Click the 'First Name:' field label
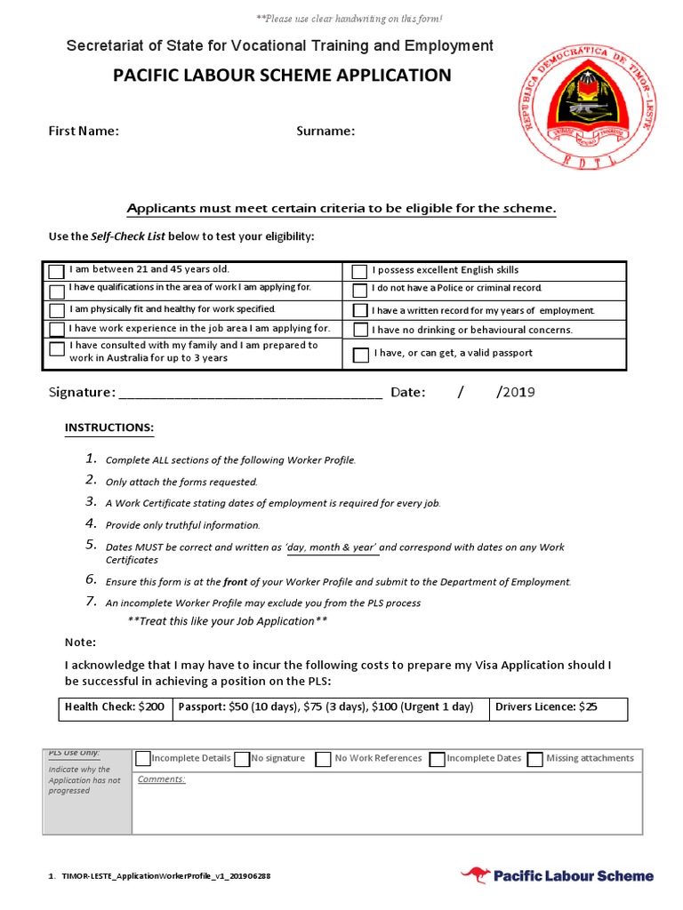click(84, 132)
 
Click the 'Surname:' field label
click(325, 132)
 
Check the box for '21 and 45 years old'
click(57, 271)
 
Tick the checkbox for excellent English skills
click(359, 271)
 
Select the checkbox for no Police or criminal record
click(359, 291)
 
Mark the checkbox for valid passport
click(360, 355)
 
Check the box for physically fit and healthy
click(57, 311)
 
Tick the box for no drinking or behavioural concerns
click(359, 331)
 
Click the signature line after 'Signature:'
click(250, 394)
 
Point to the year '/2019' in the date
click(516, 392)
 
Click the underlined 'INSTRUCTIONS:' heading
click(109, 428)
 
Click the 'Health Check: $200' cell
click(114, 707)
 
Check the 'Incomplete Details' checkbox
click(142, 759)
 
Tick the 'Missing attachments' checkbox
click(534, 760)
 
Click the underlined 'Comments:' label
click(161, 779)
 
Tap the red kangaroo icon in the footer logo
click(475, 875)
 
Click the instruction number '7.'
click(91, 602)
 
